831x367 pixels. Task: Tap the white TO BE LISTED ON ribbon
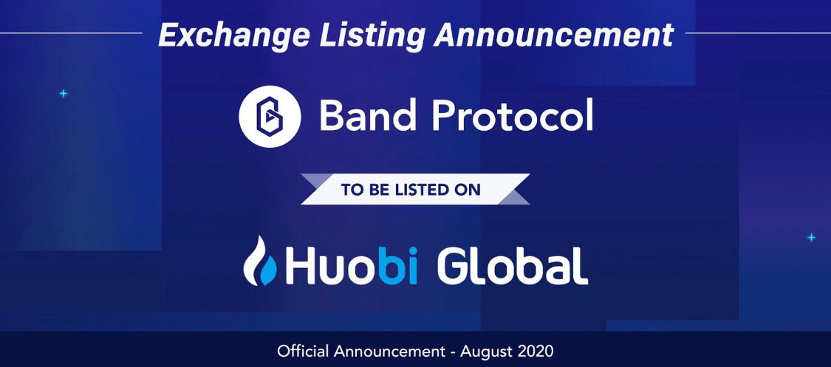click(x=415, y=189)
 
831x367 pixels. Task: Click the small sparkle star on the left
click(x=63, y=94)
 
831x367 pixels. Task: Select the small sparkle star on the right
click(x=811, y=238)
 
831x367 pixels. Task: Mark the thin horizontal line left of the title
click(x=71, y=32)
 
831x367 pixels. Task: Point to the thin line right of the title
click(x=758, y=32)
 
